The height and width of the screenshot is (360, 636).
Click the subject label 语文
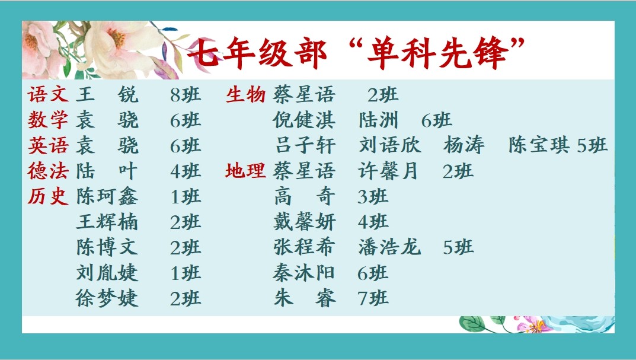48,94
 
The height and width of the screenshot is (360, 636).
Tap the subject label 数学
48,120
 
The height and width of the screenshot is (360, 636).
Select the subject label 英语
48,145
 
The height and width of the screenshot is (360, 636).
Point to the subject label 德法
48,171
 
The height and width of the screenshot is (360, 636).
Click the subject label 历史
48,196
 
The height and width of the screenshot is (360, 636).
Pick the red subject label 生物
245,94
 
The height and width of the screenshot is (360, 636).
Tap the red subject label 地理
245,171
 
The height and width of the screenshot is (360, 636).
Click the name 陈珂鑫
107,196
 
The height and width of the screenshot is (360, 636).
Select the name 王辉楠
107,222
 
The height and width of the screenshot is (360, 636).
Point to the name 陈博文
107,247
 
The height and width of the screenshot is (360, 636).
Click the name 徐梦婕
107,298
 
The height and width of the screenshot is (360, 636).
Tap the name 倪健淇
304,120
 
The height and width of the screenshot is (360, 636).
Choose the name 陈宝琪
539,145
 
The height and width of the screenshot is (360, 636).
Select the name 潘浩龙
389,247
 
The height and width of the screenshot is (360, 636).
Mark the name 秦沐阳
304,273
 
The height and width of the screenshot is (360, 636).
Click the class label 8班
186,95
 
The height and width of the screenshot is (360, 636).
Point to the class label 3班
373,197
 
